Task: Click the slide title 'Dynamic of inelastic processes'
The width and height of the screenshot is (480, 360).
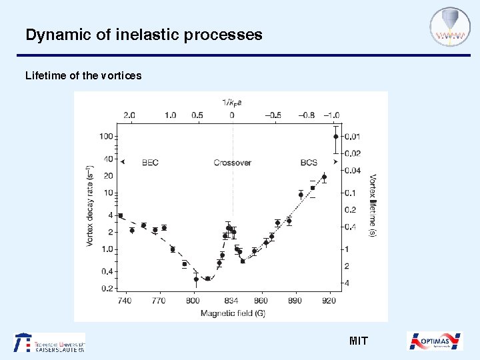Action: pos(143,35)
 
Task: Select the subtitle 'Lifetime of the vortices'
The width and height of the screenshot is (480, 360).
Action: pos(83,75)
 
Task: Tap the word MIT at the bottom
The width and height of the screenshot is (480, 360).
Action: pos(358,341)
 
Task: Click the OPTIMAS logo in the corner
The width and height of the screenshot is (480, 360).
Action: pos(435,341)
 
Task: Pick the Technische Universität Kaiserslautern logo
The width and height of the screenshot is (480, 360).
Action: pos(50,342)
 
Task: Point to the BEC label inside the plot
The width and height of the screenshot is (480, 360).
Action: pos(150,162)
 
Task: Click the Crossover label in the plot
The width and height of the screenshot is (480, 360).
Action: pos(232,162)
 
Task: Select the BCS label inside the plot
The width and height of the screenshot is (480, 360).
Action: pos(309,162)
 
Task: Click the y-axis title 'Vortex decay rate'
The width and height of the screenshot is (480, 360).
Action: pos(91,207)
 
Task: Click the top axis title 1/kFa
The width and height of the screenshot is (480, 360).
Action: pos(232,102)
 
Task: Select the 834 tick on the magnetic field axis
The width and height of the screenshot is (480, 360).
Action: pos(232,301)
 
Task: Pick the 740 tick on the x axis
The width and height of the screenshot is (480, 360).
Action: pos(125,301)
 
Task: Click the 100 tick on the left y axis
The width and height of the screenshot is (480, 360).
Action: pos(105,137)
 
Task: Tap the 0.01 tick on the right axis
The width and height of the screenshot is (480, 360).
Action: pos(353,137)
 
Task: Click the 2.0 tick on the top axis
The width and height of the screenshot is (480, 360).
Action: pos(129,115)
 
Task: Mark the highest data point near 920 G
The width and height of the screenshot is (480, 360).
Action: pos(335,137)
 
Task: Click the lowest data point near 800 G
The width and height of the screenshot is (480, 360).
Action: pos(196,279)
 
